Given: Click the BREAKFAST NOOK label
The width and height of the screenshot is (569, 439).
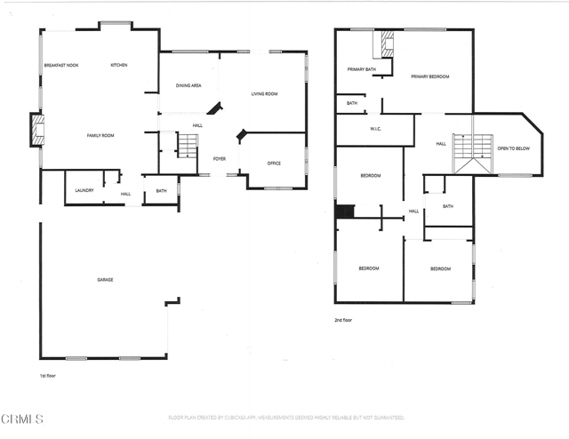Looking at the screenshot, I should pyautogui.click(x=61, y=65).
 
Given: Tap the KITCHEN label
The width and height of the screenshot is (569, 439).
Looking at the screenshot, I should pyautogui.click(x=119, y=65).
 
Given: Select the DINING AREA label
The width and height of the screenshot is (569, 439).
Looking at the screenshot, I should pyautogui.click(x=188, y=85).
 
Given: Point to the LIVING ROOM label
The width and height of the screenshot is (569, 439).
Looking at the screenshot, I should pyautogui.click(x=264, y=93).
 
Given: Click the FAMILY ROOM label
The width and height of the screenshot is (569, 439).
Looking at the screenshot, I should pyautogui.click(x=100, y=135).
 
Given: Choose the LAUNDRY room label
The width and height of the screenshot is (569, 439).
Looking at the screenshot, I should pyautogui.click(x=84, y=190).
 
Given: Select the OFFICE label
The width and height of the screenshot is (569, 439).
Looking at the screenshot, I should pyautogui.click(x=274, y=163).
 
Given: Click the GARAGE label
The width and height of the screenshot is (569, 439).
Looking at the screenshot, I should pyautogui.click(x=105, y=280).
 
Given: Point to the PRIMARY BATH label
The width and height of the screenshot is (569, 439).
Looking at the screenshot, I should pyautogui.click(x=362, y=68).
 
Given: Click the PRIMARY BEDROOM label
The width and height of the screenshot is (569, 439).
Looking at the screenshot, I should pyautogui.click(x=429, y=76).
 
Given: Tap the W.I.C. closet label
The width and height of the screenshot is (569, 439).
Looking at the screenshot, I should pyautogui.click(x=375, y=129).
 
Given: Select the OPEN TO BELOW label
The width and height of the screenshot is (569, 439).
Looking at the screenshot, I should pyautogui.click(x=513, y=148).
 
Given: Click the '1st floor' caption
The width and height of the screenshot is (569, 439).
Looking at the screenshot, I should pyautogui.click(x=50, y=376).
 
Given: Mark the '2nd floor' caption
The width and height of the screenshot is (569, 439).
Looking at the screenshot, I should pyautogui.click(x=344, y=320).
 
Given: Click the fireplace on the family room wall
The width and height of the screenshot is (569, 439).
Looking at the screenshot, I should pyautogui.click(x=36, y=130).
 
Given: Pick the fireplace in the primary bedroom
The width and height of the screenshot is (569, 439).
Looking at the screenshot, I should pyautogui.click(x=388, y=43).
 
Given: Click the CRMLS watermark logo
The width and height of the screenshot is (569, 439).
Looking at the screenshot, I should pyautogui.click(x=22, y=418).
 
